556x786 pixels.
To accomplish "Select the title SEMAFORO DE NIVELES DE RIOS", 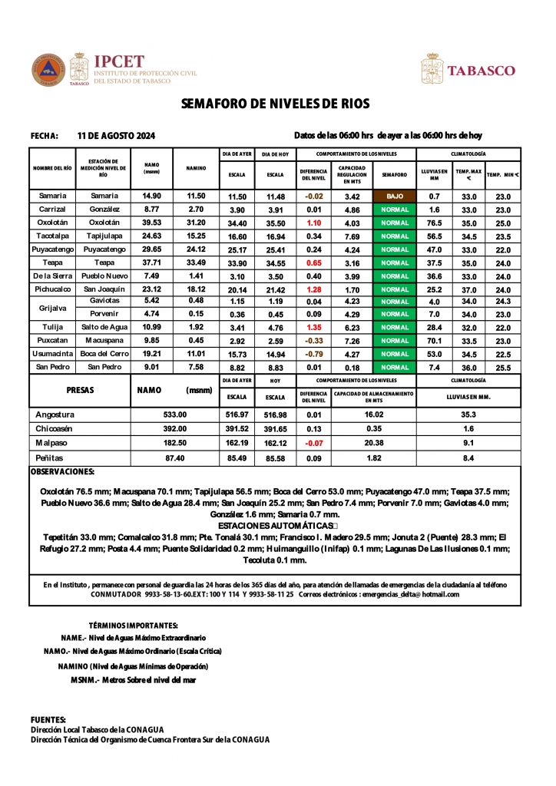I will [276, 104].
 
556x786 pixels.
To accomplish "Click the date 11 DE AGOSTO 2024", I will [117, 136].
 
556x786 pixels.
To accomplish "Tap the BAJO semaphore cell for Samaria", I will [394, 196].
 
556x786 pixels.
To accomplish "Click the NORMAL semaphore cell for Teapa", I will [394, 263].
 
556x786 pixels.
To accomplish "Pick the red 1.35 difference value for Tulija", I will [313, 328].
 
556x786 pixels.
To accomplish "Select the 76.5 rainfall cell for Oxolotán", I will [434, 223].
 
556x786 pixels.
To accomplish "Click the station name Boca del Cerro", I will [104, 354].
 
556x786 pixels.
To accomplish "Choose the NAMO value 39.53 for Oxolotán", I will [152, 223].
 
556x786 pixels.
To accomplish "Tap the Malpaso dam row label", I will [53, 444].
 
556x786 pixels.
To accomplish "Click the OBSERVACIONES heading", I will [62, 471].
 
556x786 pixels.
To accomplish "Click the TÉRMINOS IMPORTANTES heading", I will [134, 626].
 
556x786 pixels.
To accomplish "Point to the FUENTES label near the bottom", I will [48, 719].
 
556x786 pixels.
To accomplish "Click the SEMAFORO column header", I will [394, 174].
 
